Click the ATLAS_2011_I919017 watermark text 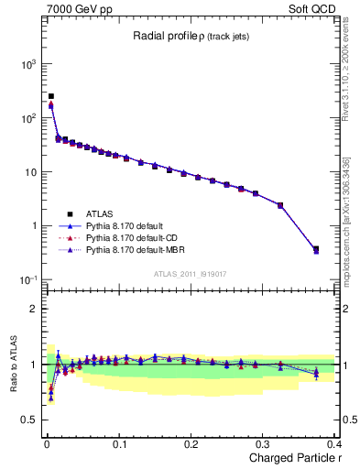tap(190, 273)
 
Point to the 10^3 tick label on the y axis tap(25, 64)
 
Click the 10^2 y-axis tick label tap(25, 118)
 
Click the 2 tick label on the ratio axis tap(34, 309)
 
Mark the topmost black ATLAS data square tap(51, 95)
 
